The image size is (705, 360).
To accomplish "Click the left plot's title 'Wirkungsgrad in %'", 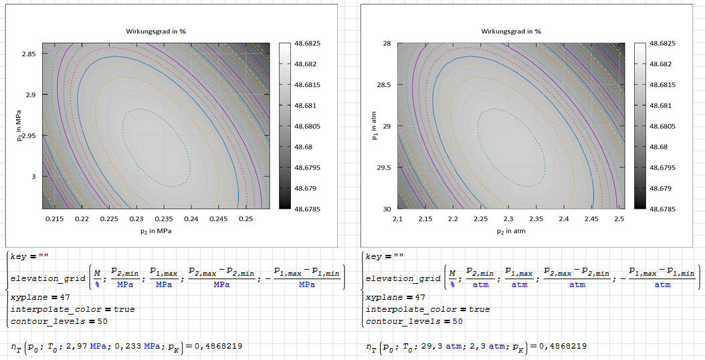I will pyautogui.click(x=156, y=31).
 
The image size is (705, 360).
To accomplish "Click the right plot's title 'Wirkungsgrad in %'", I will pyautogui.click(x=511, y=31).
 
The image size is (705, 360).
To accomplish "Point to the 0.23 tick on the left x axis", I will pyautogui.click(x=136, y=219).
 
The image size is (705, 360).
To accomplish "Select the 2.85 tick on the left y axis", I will pyautogui.click(x=29, y=54).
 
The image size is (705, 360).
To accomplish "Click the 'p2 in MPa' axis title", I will pyautogui.click(x=156, y=230).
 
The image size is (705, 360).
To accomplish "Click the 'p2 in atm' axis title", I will pyautogui.click(x=510, y=230).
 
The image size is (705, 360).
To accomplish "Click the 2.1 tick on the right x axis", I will pyautogui.click(x=397, y=219).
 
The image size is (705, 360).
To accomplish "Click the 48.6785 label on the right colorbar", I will pyautogui.click(x=663, y=209).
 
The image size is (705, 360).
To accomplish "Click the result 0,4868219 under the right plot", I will pyautogui.click(x=561, y=347).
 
